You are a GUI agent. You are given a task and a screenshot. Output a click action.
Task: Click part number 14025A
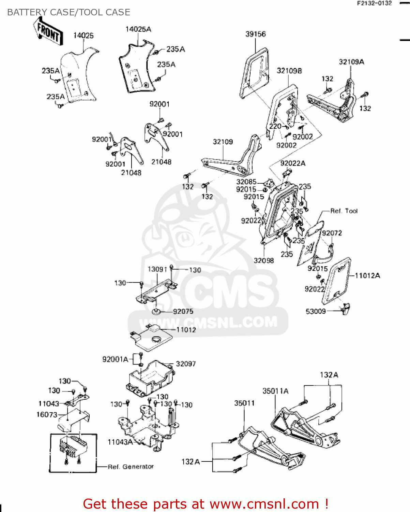point(138,29)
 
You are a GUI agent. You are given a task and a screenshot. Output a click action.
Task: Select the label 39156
point(255,34)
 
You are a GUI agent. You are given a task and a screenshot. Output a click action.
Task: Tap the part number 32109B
point(289,71)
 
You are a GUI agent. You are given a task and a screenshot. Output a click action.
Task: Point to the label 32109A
point(351,62)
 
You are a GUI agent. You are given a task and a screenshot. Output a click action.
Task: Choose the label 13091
point(157,269)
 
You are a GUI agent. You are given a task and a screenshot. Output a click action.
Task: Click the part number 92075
point(183,311)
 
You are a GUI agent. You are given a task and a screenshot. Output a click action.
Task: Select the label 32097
point(186,364)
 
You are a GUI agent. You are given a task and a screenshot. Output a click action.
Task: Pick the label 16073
point(47,414)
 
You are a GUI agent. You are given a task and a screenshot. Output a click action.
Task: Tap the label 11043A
point(120,442)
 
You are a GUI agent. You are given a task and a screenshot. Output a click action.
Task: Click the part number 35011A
point(275,391)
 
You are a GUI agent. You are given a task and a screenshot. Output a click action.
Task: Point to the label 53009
point(316,311)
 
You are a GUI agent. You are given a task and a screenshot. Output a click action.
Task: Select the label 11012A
point(367,275)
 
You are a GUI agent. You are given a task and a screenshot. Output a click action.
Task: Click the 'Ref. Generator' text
point(131,467)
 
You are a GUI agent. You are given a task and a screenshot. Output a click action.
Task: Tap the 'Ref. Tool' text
point(344,211)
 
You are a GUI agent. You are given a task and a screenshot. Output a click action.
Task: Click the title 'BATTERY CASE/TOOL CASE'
point(69,12)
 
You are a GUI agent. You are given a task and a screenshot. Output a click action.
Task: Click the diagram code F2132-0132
point(374,3)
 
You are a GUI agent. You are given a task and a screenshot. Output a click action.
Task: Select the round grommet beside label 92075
point(156,311)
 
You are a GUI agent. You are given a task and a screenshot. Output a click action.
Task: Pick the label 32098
point(264,260)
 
